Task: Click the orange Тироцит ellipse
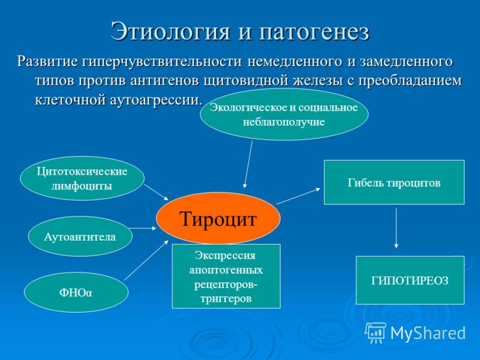tap(218, 218)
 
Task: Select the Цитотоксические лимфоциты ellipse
tap(82, 178)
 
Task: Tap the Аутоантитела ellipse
tap(80, 236)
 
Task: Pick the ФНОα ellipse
tap(76, 292)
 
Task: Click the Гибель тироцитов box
tap(394, 182)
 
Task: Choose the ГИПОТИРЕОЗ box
tap(410, 280)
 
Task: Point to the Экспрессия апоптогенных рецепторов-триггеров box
tap(226, 276)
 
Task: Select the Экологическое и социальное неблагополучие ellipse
tap(284, 115)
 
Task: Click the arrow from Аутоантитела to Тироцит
tap(143, 228)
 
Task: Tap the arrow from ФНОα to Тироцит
tap(146, 260)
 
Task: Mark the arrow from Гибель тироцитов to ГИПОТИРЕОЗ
tap(396, 229)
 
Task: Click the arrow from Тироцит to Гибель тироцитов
tap(298, 196)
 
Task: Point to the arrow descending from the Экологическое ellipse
tap(248, 164)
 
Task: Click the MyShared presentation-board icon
tap(376, 332)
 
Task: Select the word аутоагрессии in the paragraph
tap(156, 100)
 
